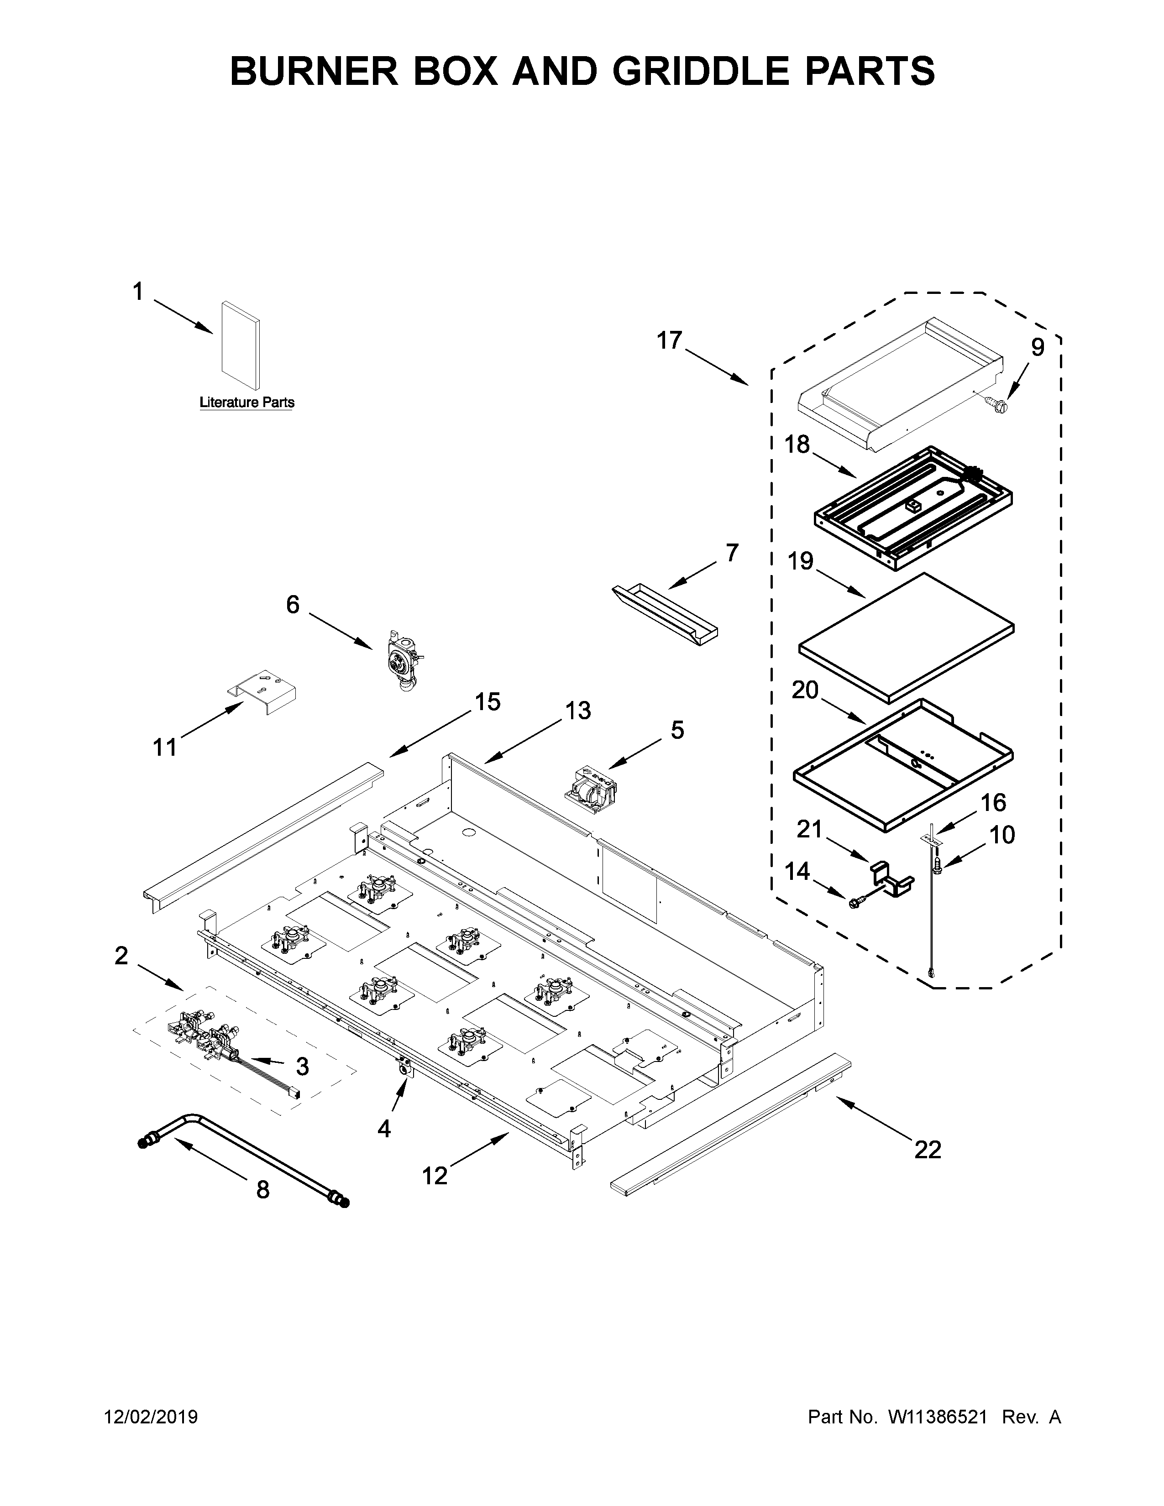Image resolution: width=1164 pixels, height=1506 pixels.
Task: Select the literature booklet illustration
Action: point(241,347)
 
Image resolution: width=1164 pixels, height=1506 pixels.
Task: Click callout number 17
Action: point(668,340)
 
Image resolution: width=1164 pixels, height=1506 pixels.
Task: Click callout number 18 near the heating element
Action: point(797,445)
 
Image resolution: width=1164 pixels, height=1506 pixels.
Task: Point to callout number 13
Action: point(578,710)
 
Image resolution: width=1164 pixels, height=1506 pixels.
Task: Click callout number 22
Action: point(928,1149)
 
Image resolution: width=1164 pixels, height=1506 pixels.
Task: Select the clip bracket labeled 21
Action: point(891,880)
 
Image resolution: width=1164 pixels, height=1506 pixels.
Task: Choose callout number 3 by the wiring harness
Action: point(302,1066)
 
